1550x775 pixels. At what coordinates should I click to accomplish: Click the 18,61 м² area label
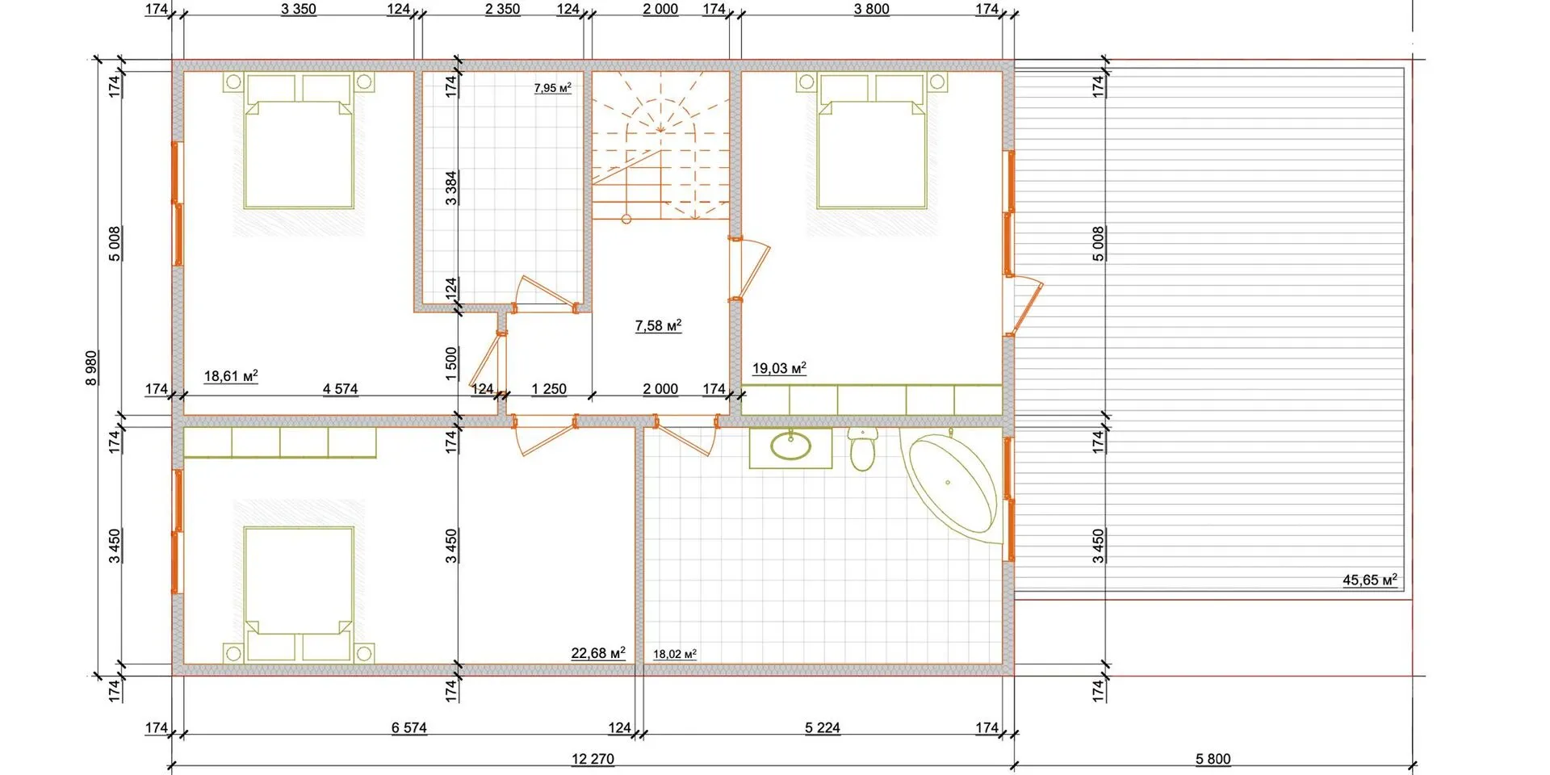click(231, 375)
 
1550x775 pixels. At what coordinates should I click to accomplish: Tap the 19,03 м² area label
click(779, 368)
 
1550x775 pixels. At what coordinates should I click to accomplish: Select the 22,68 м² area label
click(598, 652)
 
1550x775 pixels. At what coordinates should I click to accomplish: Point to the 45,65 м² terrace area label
click(1370, 580)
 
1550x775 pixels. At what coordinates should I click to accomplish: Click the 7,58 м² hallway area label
click(658, 325)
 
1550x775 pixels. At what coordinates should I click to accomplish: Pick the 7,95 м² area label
click(553, 88)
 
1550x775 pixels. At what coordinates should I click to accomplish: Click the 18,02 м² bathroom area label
click(675, 654)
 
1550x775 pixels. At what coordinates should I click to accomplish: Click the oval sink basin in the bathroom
click(790, 446)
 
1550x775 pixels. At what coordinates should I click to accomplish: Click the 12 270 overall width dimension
click(593, 759)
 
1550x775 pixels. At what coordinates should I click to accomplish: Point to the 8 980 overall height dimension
click(91, 367)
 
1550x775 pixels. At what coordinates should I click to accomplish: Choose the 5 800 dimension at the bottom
click(1213, 759)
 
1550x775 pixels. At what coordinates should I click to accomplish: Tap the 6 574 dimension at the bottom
click(409, 727)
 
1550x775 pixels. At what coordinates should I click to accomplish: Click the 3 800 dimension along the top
click(872, 9)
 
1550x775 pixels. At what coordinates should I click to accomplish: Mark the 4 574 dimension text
click(340, 388)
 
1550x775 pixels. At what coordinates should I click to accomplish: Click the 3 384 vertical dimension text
click(451, 187)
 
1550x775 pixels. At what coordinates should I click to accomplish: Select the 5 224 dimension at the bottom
click(823, 727)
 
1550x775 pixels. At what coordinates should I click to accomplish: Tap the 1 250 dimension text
click(549, 388)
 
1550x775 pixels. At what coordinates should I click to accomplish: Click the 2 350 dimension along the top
click(502, 9)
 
